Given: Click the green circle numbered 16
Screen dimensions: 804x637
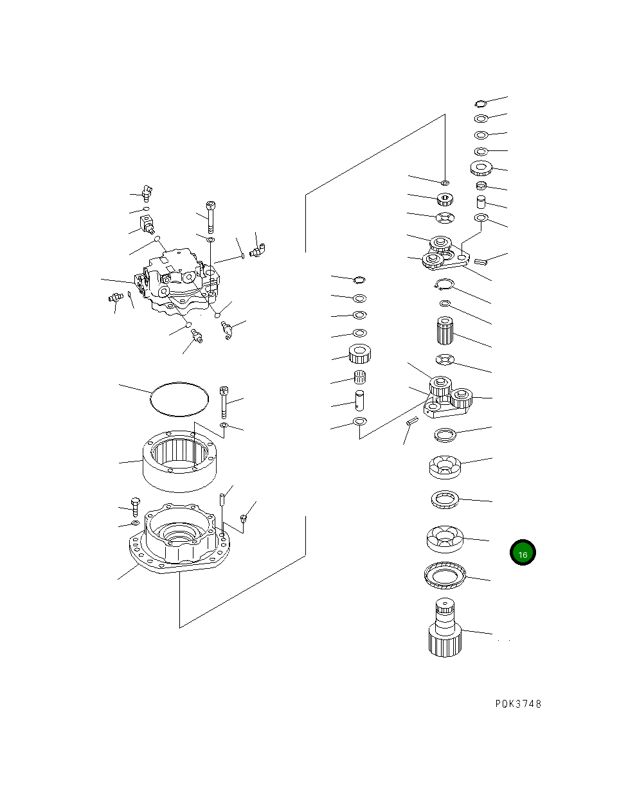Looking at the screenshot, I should (x=523, y=553).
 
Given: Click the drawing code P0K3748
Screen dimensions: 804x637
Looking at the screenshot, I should (x=518, y=704).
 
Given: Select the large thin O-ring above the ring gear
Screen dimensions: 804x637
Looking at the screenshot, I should (x=179, y=399).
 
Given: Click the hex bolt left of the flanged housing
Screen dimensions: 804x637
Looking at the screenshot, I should (x=136, y=506).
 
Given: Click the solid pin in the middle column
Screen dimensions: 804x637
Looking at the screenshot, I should (x=361, y=400).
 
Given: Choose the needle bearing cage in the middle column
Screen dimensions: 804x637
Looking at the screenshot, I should (x=361, y=377).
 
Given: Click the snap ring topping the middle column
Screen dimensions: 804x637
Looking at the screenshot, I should (x=360, y=278).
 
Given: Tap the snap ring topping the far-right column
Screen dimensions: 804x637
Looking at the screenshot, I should (x=481, y=103).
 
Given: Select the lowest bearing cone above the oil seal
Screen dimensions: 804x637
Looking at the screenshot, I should (x=444, y=539).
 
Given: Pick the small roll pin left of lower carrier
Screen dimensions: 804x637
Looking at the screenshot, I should (x=412, y=421).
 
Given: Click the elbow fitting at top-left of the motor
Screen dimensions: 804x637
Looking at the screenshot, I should (x=147, y=191).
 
